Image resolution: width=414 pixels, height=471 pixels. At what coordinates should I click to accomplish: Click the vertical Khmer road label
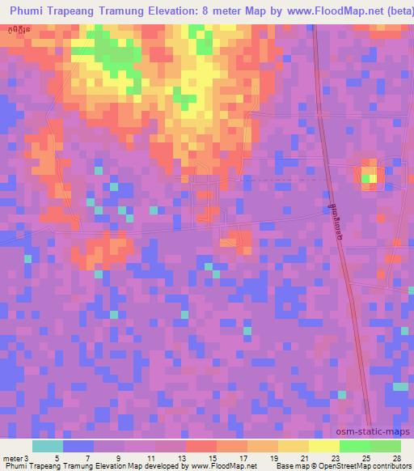pos(336,219)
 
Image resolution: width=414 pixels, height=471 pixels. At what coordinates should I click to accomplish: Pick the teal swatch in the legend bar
pos(48,446)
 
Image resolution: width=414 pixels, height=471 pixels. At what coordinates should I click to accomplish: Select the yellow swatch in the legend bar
pos(323,446)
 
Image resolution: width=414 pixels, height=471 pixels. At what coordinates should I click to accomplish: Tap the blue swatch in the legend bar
pos(78,446)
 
